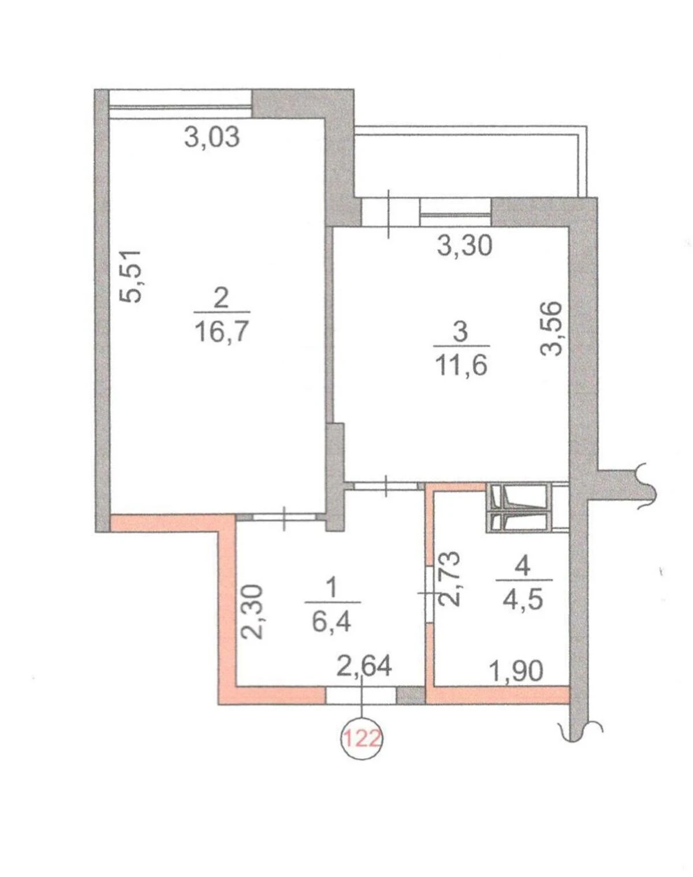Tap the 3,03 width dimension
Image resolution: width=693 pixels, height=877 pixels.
tap(212, 137)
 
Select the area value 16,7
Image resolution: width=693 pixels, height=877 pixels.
tap(222, 331)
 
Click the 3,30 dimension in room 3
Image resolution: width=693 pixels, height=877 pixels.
tap(464, 246)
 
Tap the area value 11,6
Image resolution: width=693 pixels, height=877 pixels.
tap(461, 365)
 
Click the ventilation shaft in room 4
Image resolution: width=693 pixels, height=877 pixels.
tap(519, 508)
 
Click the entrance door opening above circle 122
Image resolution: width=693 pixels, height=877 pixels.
tap(361, 695)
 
